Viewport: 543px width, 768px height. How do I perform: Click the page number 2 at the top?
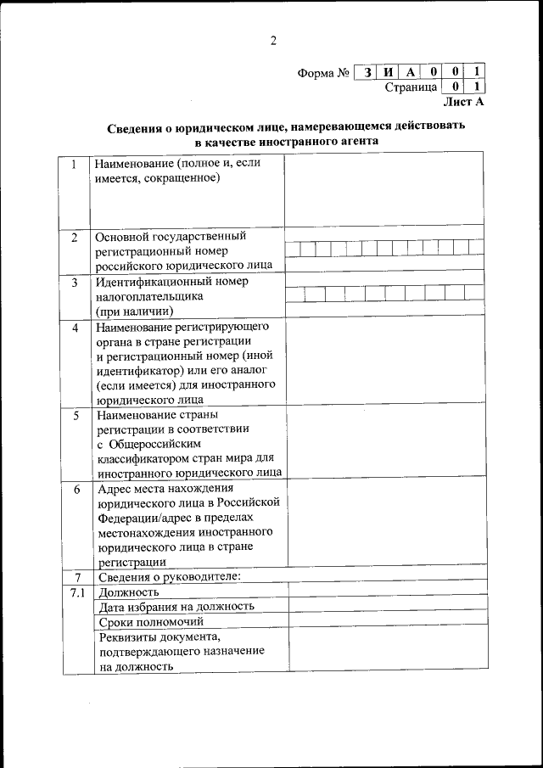273,40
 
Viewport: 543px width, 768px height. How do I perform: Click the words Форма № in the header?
324,73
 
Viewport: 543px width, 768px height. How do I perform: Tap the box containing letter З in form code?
367,73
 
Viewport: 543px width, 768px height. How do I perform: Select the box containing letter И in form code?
389,73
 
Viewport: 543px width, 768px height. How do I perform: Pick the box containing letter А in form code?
411,73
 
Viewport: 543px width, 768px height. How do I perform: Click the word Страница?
411,87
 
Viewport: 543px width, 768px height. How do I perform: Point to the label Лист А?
463,101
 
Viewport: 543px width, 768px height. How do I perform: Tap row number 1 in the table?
75,164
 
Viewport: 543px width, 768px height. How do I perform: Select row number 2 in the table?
75,237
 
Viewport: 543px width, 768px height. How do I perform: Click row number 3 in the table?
75,283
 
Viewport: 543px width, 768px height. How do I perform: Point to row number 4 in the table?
75,328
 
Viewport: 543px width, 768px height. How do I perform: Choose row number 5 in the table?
75,416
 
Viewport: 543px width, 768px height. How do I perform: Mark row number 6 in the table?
75,490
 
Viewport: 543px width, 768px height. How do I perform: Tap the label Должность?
129,591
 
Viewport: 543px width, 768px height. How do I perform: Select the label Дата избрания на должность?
176,606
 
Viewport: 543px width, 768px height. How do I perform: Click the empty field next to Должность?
387,591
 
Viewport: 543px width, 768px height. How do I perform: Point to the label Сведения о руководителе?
169,577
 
